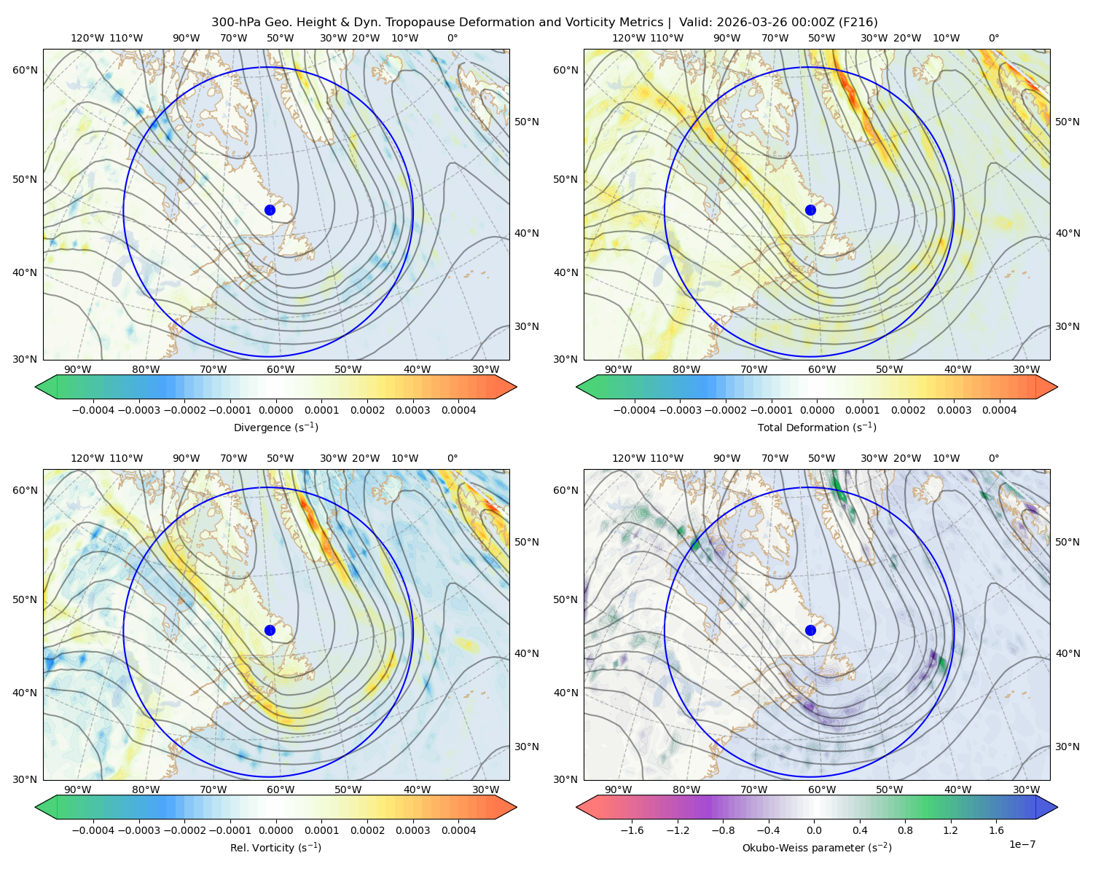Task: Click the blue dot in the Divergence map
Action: coord(270,210)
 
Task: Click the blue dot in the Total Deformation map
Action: coord(810,210)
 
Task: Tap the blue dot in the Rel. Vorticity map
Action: coord(270,630)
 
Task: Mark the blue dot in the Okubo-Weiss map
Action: coord(810,630)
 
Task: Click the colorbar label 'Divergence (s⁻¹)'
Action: coord(275,427)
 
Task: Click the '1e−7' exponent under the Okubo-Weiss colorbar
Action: coord(1022,844)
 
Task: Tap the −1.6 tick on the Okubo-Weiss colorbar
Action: coord(632,830)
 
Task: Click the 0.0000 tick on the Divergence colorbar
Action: coord(275,410)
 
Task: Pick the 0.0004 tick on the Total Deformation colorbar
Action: coord(999,410)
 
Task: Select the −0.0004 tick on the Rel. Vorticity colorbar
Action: coord(93,830)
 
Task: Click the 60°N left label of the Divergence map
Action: coord(25,70)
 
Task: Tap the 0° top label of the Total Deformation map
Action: coord(993,38)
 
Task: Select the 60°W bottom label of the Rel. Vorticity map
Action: coord(281,790)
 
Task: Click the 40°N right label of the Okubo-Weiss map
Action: coord(1067,653)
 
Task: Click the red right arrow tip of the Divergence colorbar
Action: coord(516,387)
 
